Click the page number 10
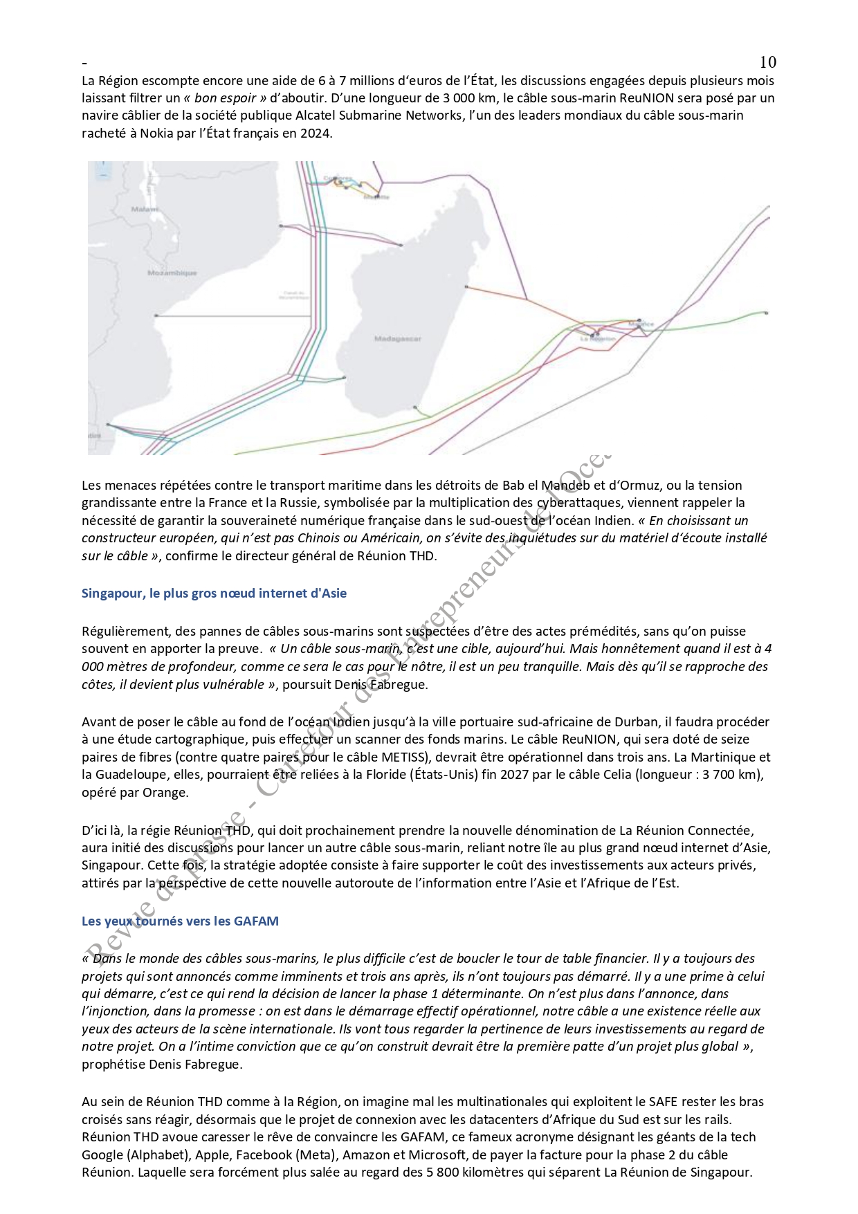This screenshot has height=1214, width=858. pyautogui.click(x=767, y=62)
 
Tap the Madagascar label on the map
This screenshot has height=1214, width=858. pyautogui.click(x=397, y=338)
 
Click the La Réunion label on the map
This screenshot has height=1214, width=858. pyautogui.click(x=598, y=339)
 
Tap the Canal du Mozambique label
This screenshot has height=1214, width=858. pyautogui.click(x=293, y=295)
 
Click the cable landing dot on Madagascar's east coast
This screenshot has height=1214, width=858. pyautogui.click(x=466, y=286)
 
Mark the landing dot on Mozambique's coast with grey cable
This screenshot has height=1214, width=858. pyautogui.click(x=156, y=315)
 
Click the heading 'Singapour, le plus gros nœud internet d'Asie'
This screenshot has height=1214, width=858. pyautogui.click(x=214, y=593)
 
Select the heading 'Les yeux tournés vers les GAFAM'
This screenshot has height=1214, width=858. pyautogui.click(x=180, y=921)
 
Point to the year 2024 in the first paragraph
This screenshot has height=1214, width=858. pyautogui.click(x=316, y=134)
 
